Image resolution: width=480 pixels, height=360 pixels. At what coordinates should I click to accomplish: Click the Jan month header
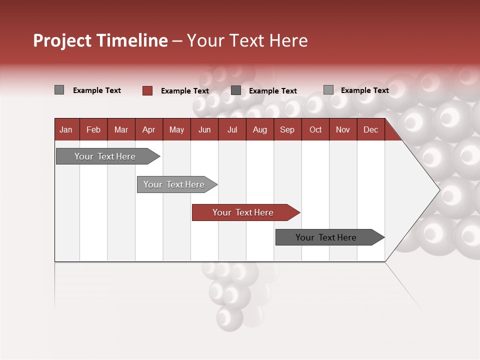pyautogui.click(x=66, y=129)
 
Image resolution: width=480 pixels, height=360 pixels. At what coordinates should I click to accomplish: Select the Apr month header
pyautogui.click(x=148, y=129)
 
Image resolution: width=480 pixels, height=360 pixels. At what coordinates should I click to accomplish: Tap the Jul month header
pyautogui.click(x=232, y=129)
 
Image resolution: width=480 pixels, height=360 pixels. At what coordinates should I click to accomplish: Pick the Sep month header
pyautogui.click(x=287, y=129)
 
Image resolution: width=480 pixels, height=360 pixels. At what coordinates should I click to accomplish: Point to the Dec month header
pyautogui.click(x=370, y=129)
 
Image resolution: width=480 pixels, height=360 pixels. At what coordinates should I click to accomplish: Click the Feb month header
pyautogui.click(x=93, y=129)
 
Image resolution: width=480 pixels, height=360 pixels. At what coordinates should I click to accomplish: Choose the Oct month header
pyautogui.click(x=315, y=129)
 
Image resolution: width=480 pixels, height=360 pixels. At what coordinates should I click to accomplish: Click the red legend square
pyautogui.click(x=147, y=90)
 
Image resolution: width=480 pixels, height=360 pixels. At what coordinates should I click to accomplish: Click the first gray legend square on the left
pyautogui.click(x=59, y=90)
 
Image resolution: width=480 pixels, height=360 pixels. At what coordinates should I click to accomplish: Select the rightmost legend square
pyautogui.click(x=328, y=90)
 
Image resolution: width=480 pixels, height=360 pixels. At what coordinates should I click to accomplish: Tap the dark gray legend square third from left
pyautogui.click(x=236, y=90)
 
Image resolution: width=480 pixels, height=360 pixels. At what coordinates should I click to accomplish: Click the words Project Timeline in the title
pyautogui.click(x=100, y=40)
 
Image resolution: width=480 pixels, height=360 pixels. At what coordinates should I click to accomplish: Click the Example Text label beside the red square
pyautogui.click(x=184, y=91)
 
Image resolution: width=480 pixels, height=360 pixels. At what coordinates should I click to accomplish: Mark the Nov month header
pyautogui.click(x=343, y=129)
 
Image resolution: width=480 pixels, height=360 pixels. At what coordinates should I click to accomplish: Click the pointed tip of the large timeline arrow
pyautogui.click(x=438, y=189)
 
